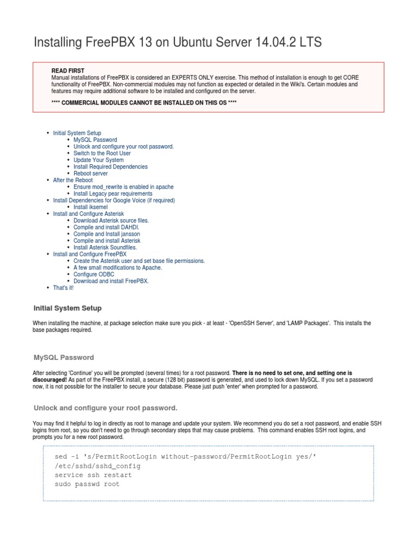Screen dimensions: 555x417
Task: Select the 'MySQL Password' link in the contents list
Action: click(95, 140)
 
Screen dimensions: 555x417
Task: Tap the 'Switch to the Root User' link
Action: click(102, 153)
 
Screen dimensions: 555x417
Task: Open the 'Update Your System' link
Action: click(99, 160)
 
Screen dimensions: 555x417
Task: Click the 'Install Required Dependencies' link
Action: click(110, 167)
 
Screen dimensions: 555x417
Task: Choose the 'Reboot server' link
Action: click(91, 173)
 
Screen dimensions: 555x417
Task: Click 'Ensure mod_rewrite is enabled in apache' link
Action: click(124, 187)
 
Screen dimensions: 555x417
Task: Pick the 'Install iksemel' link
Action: click(91, 207)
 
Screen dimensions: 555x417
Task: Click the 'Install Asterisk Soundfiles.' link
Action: click(105, 247)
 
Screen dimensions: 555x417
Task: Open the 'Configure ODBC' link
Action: click(94, 274)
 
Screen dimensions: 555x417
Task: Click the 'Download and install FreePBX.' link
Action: click(111, 281)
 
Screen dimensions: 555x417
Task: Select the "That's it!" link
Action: click(63, 288)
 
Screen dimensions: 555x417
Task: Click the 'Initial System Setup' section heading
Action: click(67, 308)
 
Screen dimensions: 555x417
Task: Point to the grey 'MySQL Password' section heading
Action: click(64, 358)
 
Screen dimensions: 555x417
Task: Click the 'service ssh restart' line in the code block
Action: click(93, 475)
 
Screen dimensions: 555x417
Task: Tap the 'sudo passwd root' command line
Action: click(87, 485)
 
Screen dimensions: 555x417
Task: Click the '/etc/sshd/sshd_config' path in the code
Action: click(98, 466)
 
